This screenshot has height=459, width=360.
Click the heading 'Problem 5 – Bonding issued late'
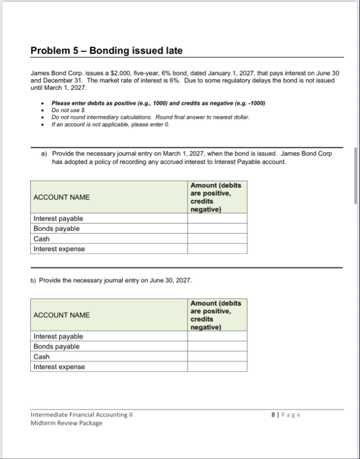pyautogui.click(x=106, y=51)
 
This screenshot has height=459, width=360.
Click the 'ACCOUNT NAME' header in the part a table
pyautogui.click(x=61, y=197)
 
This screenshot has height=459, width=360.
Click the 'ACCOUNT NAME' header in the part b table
pyautogui.click(x=61, y=315)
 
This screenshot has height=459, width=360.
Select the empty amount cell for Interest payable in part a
pyautogui.click(x=217, y=218)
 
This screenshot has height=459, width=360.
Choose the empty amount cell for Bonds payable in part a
pyautogui.click(x=217, y=229)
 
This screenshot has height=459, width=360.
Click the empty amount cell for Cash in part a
pyautogui.click(x=217, y=239)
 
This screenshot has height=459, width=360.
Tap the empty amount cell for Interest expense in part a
pyautogui.click(x=217, y=249)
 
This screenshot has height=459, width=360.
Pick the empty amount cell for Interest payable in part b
pyautogui.click(x=217, y=336)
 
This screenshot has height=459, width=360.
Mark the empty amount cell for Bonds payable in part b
pyautogui.click(x=217, y=346)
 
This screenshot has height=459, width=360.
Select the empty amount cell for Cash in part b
pyautogui.click(x=217, y=357)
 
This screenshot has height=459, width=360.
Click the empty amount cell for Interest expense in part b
pyautogui.click(x=217, y=367)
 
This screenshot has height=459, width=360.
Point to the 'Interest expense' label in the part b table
pyautogui.click(x=59, y=367)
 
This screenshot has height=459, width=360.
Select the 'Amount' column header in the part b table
pyautogui.click(x=216, y=315)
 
